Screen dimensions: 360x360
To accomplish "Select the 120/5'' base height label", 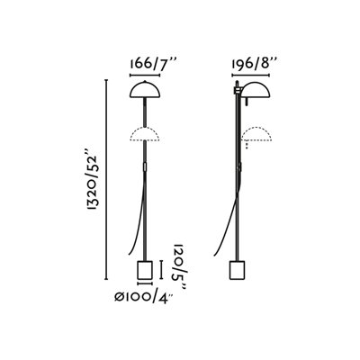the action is coord(178,265).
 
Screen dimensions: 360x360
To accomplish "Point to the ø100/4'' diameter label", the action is coord(144,298).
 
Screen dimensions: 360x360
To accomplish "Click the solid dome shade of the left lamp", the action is coord(145,90).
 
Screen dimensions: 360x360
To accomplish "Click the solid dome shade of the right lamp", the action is coord(256,90).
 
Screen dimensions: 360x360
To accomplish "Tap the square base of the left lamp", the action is coord(145,270).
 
